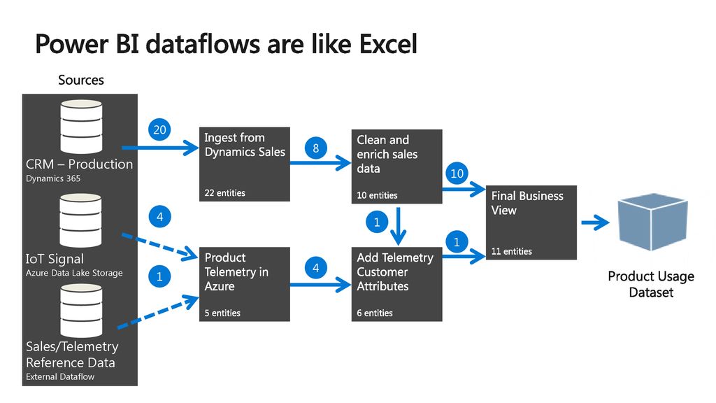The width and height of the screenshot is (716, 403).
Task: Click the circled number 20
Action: pos(159,129)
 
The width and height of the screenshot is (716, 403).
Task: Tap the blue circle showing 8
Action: pos(315,148)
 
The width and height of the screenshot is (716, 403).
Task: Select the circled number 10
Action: pos(457,174)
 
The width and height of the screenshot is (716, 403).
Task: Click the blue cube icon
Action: pos(652,222)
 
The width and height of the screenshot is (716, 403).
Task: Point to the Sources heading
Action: pos(81,80)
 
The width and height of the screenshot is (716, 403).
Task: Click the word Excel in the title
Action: pos(388,44)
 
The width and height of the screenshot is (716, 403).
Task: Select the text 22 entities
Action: pos(224,193)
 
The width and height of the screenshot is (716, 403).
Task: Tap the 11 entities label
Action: pos(511,251)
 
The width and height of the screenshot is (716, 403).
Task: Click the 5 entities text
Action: pos(222,313)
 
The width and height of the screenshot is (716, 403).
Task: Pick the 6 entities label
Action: pos(375,313)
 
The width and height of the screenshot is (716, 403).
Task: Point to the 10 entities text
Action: pos(377,195)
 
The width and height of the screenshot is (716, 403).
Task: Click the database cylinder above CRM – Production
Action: pos(81,127)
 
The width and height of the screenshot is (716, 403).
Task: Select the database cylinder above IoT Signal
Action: pos(81,220)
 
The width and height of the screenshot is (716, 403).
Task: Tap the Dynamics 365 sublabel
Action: pos(53,178)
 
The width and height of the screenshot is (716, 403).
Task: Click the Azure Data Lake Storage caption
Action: pos(74,273)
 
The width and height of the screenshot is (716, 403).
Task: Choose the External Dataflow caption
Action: pos(60,376)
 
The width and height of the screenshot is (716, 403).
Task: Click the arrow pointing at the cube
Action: pos(595,223)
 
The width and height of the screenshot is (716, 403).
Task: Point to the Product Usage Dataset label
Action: pos(651,284)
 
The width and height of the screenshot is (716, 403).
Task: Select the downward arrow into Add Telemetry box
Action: pos(398,226)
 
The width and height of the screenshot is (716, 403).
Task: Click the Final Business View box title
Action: pos(527,203)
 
